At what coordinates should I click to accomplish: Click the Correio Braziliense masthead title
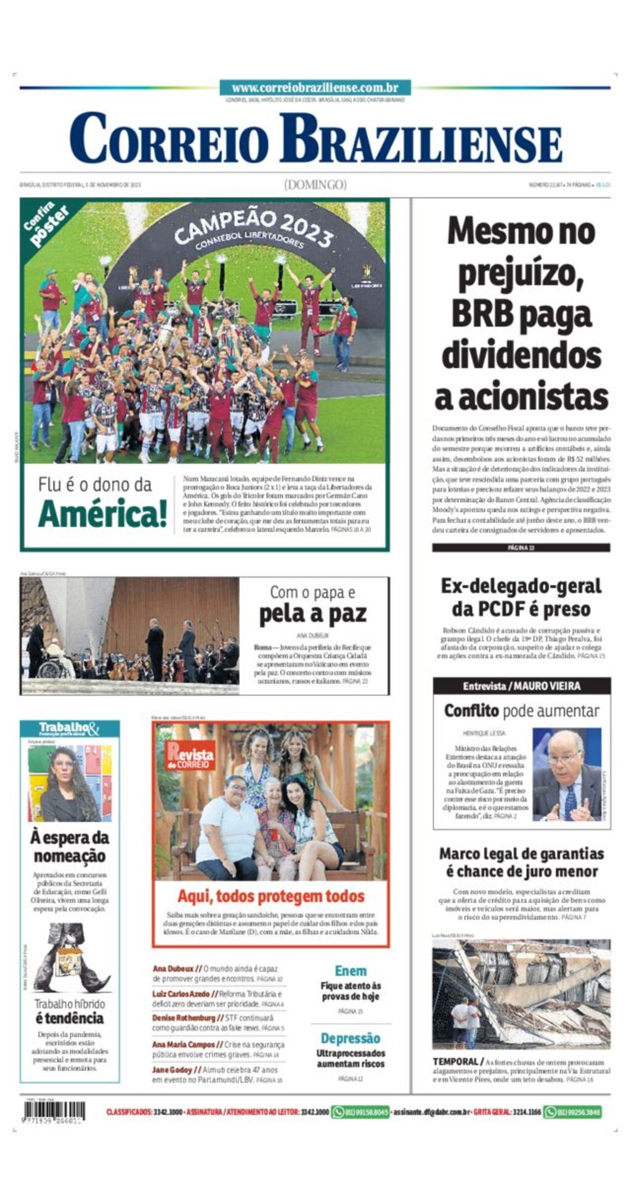click(x=315, y=138)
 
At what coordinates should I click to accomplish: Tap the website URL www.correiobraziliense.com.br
click(x=315, y=88)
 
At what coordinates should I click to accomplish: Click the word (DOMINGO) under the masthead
click(x=315, y=184)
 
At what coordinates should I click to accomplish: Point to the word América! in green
click(x=102, y=513)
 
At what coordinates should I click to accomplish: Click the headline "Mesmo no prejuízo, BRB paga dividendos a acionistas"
click(x=521, y=313)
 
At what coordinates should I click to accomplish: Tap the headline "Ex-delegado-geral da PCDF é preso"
click(x=521, y=597)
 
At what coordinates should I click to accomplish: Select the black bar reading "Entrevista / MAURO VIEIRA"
click(x=521, y=686)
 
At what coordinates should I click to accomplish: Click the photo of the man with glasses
click(x=566, y=774)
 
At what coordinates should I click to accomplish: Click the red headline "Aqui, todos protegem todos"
click(x=271, y=896)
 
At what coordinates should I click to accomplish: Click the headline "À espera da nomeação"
click(x=70, y=847)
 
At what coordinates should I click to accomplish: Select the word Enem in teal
click(x=351, y=971)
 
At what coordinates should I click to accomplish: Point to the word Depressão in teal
click(x=351, y=1038)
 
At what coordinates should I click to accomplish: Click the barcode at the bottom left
click(x=54, y=1112)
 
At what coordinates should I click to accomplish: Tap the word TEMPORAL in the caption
click(x=454, y=1062)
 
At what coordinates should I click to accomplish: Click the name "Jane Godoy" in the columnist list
click(x=172, y=1070)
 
